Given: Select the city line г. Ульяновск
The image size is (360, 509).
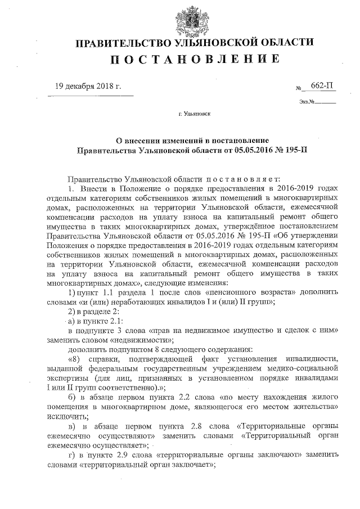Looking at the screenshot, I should click(194, 114).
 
